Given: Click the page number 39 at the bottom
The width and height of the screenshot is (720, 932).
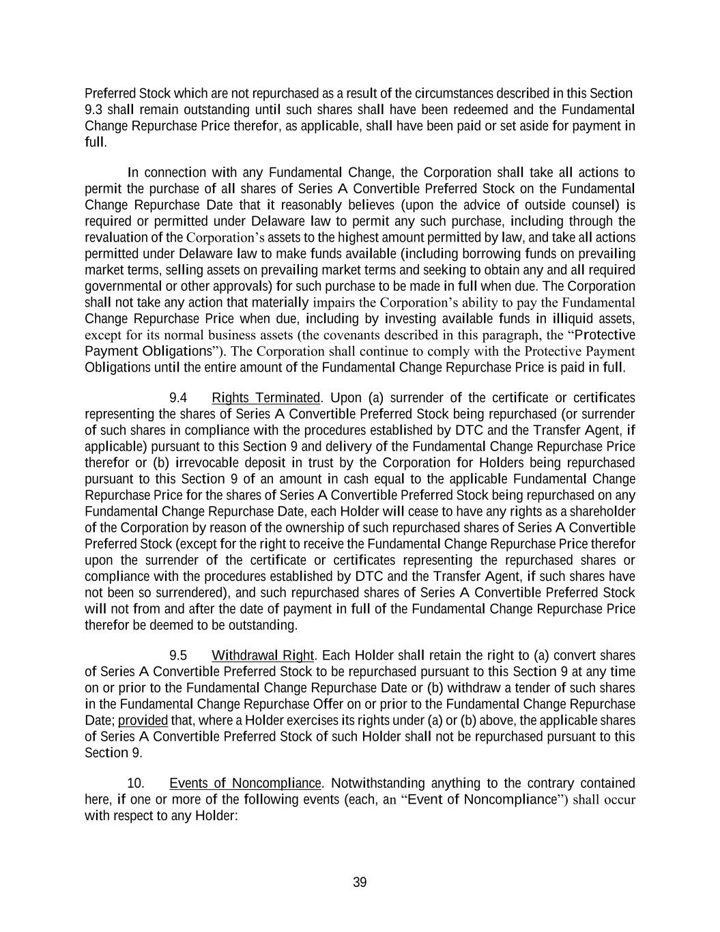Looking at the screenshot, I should [x=360, y=883].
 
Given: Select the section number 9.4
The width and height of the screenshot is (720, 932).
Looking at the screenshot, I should [x=178, y=398].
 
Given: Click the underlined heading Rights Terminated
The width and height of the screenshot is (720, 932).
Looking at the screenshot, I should [x=265, y=398].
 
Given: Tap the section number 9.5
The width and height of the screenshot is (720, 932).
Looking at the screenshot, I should [x=178, y=655].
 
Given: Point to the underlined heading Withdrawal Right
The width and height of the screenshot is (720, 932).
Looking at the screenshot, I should [x=262, y=655].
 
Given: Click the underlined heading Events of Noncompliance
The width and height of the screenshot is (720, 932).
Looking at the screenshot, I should [x=245, y=783].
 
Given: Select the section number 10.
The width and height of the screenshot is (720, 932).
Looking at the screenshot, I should [x=135, y=783].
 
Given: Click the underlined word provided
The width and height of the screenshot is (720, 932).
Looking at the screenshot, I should [x=143, y=720].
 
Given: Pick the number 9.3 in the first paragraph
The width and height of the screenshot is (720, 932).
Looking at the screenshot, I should [x=93, y=109].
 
